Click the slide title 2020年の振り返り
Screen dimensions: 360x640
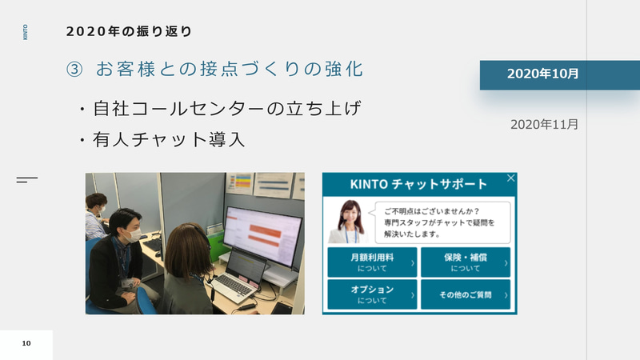(x=129, y=33)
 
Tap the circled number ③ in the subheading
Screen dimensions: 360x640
(x=74, y=70)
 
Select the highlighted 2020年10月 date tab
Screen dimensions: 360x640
(x=542, y=74)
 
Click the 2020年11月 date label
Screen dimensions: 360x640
(x=544, y=124)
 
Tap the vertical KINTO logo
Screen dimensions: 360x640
(x=26, y=33)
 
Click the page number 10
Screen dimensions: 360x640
(x=26, y=343)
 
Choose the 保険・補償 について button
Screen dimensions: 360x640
(x=465, y=262)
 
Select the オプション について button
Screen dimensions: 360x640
(x=372, y=294)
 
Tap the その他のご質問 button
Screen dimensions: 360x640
(x=465, y=294)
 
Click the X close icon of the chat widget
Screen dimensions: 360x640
(x=511, y=178)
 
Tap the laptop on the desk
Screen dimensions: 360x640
(x=239, y=276)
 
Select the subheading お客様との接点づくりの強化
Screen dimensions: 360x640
(x=229, y=70)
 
